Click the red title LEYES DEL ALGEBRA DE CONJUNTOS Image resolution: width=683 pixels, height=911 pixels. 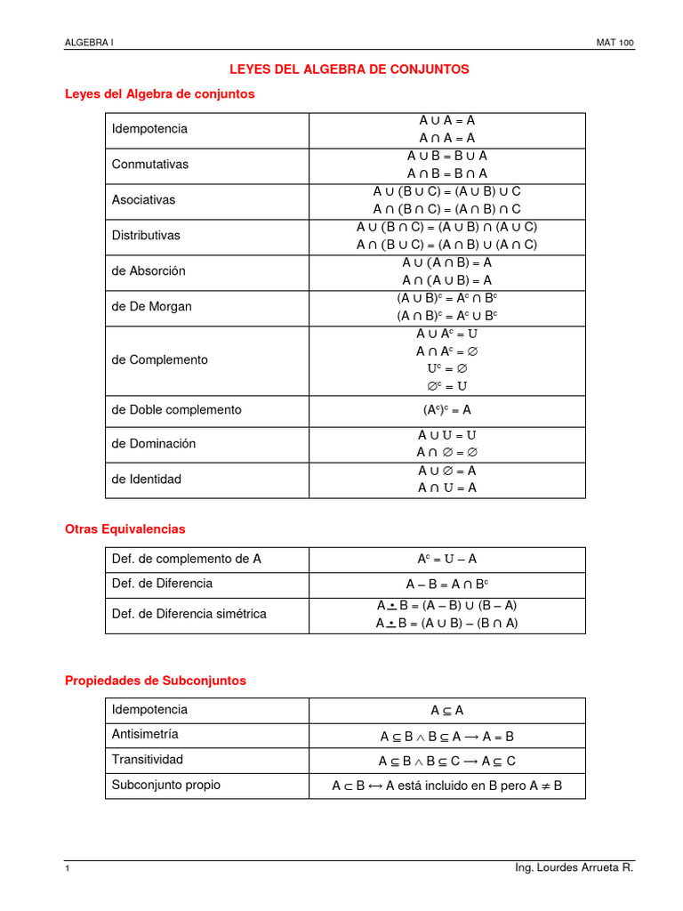(x=350, y=69)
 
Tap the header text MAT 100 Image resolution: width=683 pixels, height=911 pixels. (x=615, y=43)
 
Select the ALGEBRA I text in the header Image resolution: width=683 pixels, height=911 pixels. (x=90, y=43)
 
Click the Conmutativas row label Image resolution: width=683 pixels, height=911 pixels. (x=150, y=165)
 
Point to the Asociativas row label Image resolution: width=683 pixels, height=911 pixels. (x=143, y=200)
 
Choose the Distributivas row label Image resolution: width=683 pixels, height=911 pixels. (x=146, y=236)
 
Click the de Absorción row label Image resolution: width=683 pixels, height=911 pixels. (x=149, y=271)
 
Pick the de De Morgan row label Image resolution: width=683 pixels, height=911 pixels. (x=152, y=307)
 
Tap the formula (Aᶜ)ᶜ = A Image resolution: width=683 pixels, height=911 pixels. (x=446, y=410)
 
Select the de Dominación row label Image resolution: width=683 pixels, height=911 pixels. (x=154, y=444)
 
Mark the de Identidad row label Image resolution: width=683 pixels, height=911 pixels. (x=147, y=480)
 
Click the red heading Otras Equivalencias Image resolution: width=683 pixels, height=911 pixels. (x=125, y=529)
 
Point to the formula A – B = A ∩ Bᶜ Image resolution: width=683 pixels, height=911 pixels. (x=446, y=584)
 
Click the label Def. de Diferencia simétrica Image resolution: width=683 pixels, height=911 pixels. (x=189, y=614)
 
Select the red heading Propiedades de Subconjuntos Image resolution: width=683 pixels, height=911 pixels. (x=156, y=681)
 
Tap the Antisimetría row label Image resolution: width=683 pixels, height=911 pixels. (x=145, y=735)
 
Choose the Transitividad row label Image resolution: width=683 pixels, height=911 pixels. (x=148, y=760)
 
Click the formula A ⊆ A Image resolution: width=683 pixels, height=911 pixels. (x=446, y=711)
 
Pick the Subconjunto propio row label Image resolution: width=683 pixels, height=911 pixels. (x=166, y=786)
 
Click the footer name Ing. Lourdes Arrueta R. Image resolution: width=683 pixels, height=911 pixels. (x=575, y=867)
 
